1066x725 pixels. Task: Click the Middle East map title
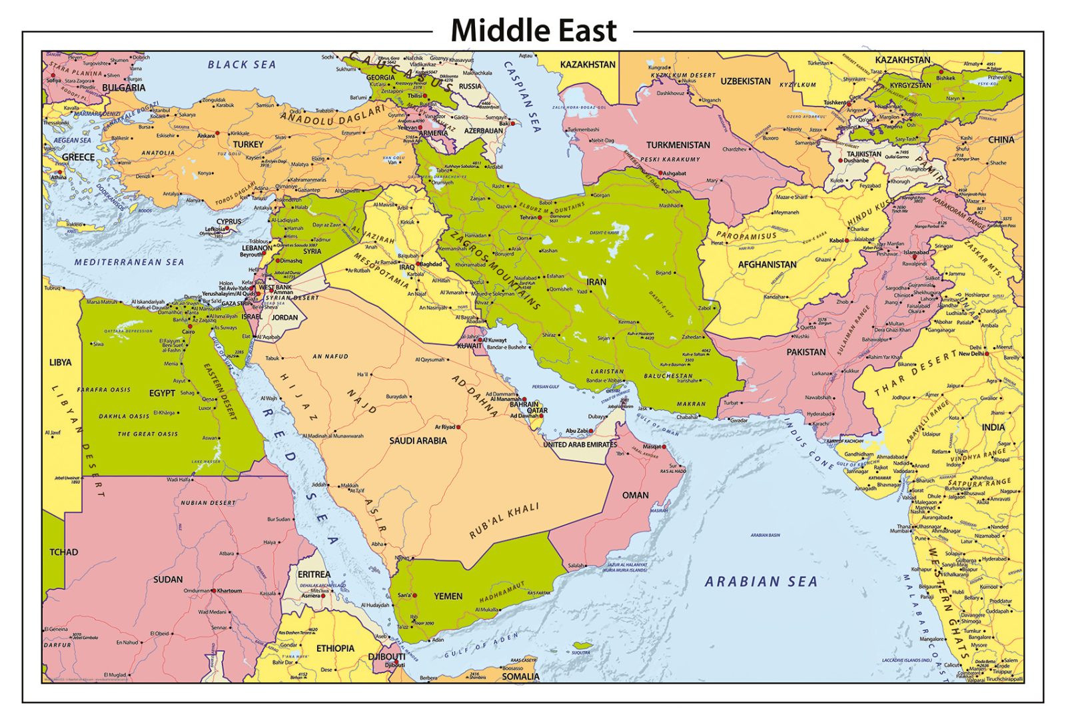pos(533,31)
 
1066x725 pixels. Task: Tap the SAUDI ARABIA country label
pos(418,440)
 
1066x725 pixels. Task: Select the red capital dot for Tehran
pos(540,217)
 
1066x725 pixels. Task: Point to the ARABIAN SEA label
pos(761,582)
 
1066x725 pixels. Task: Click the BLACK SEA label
pos(241,65)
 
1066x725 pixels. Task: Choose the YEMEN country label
pos(448,596)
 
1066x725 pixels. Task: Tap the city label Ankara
pos(206,136)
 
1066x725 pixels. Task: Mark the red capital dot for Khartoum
pos(214,590)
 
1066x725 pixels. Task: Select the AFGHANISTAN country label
pos(767,265)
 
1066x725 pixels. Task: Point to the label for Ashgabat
pos(674,173)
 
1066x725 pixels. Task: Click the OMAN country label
pos(635,495)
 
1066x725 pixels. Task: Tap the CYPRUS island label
pos(229,221)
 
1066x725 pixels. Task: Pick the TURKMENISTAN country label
pos(678,145)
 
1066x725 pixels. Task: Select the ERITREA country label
pos(314,574)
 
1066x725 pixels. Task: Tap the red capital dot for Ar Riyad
pos(458,427)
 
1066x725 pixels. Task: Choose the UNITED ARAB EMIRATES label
pos(580,444)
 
